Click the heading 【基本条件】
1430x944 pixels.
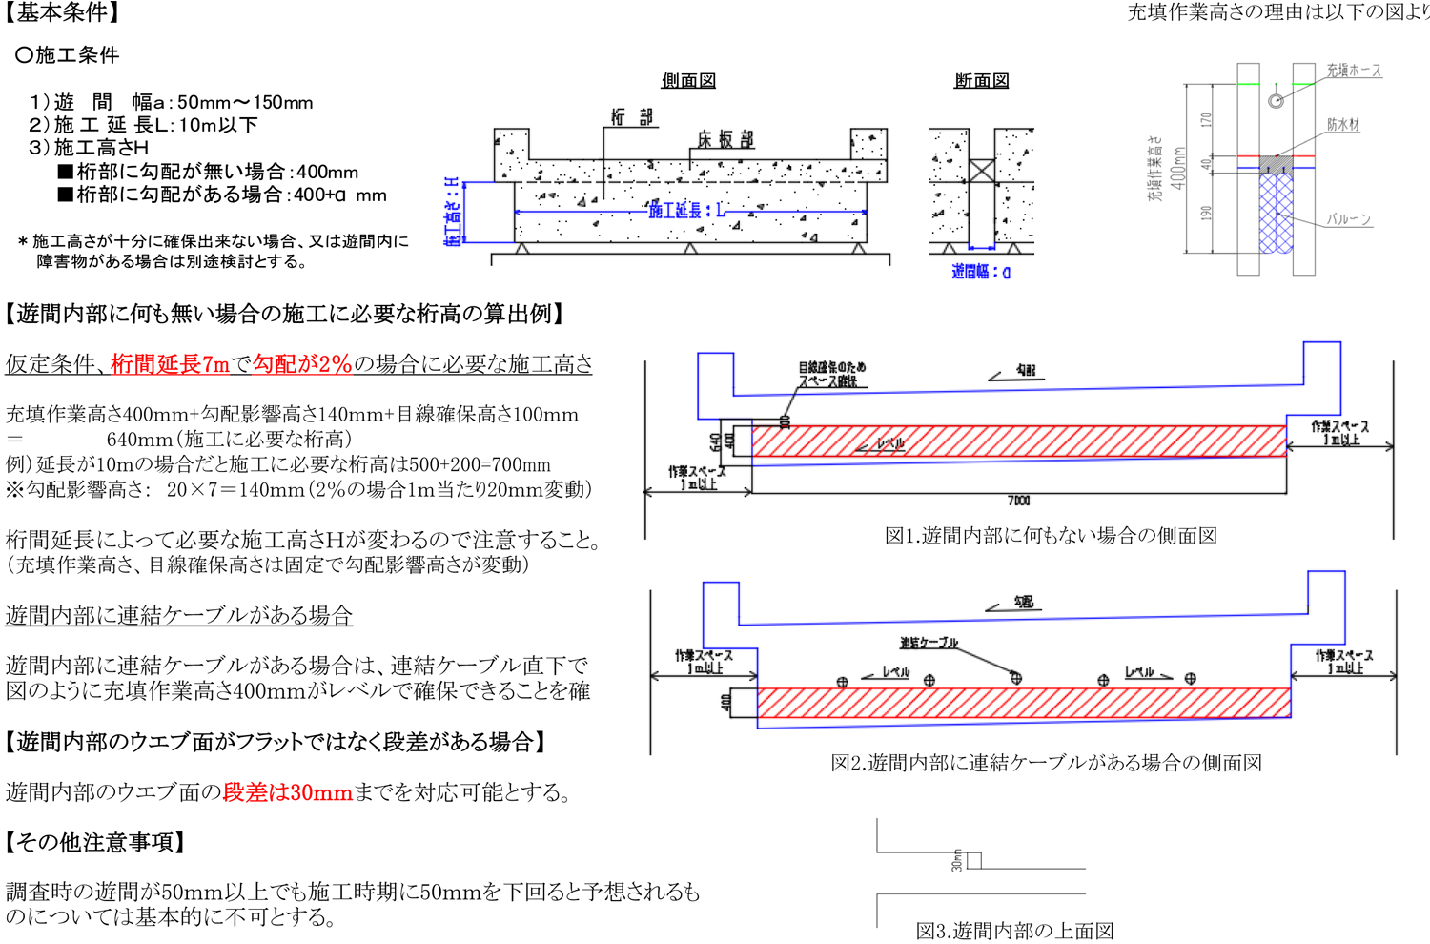[62, 13]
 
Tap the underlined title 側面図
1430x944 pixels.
[688, 81]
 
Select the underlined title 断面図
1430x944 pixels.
[981, 81]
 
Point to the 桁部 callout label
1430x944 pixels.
[632, 117]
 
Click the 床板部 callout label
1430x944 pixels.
[725, 139]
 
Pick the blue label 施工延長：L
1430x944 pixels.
[686, 210]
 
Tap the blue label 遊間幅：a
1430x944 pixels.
[981, 272]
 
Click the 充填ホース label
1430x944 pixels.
[1353, 71]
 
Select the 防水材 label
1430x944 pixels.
[1343, 125]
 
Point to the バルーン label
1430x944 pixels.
[1348, 219]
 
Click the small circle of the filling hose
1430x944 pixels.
[1276, 100]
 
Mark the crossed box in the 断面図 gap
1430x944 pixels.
[981, 171]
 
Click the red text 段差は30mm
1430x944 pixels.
[287, 792]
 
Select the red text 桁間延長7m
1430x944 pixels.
[170, 364]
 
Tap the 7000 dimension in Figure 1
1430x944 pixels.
[1018, 501]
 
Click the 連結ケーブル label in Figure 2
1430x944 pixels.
[929, 643]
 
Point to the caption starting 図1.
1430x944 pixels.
[1051, 536]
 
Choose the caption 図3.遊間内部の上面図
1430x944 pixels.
[1014, 931]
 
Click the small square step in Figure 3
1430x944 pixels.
[973, 860]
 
